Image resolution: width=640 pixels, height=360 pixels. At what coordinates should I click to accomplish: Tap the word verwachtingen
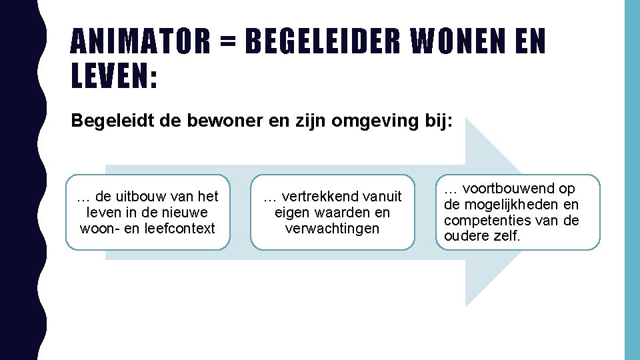click(x=332, y=229)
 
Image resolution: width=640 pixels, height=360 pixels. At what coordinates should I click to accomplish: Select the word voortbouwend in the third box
click(x=504, y=189)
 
